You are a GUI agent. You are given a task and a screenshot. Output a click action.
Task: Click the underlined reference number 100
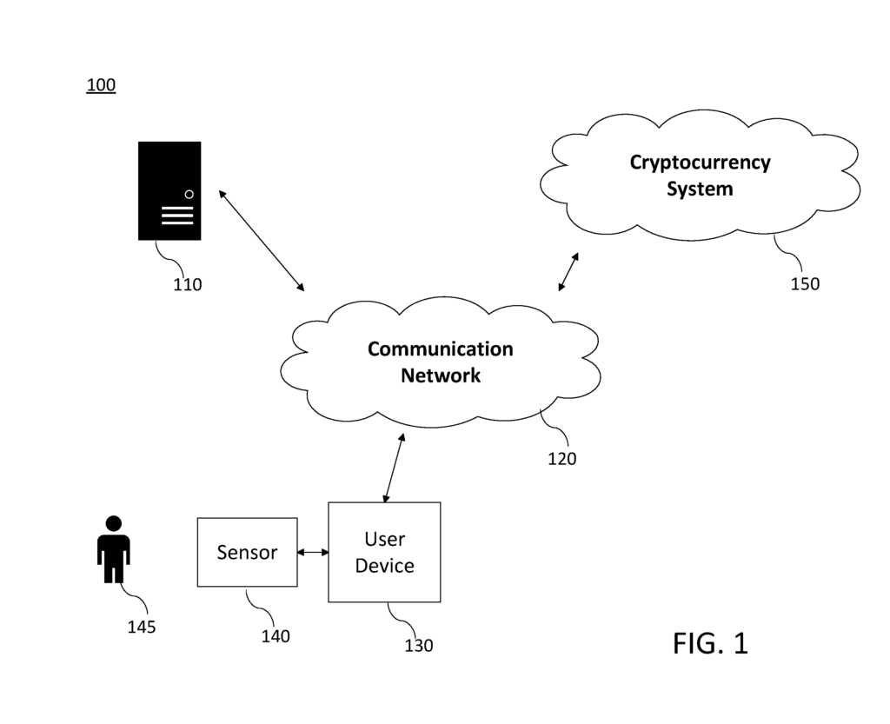101,85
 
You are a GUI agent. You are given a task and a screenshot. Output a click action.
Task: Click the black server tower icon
169,190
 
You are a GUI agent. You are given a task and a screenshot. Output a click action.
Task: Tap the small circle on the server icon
189,194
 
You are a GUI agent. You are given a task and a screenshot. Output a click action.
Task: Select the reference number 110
187,284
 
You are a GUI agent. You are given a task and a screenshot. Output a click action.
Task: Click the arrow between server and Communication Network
262,239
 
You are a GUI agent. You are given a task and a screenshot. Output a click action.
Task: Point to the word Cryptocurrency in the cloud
700,163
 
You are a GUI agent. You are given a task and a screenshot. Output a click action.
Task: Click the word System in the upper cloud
700,189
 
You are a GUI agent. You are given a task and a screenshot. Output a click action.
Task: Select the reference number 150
804,283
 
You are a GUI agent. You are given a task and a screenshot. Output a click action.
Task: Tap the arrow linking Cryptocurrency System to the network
568,271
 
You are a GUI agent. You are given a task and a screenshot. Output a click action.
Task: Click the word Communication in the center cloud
440,349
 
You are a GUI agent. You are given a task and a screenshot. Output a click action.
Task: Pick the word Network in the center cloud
440,375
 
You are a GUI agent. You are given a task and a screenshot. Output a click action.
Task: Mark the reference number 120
561,458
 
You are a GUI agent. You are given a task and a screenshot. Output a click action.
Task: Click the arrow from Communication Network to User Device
394,468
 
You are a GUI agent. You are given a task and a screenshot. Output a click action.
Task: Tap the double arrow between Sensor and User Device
313,552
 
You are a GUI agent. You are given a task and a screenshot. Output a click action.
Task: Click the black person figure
113,549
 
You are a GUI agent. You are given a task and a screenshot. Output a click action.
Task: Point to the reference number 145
141,627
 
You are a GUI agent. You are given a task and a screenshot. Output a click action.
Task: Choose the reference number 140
276,636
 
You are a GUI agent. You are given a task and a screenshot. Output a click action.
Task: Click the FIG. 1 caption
709,643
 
